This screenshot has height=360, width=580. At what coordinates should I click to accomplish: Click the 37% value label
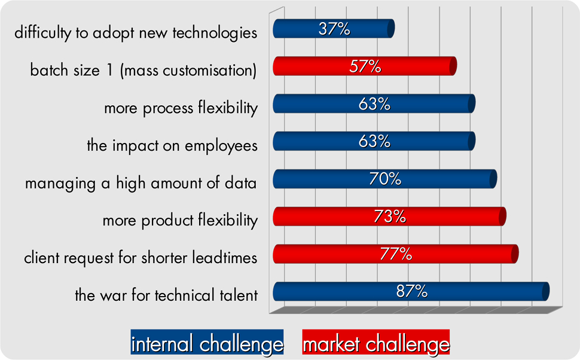click(334, 29)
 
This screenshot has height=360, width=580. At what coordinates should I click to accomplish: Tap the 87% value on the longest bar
click(412, 292)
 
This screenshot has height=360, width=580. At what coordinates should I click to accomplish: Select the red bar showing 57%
click(365, 66)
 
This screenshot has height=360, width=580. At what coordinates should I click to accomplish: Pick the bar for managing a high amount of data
click(384, 179)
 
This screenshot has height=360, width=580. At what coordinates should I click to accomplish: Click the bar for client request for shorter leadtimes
click(395, 254)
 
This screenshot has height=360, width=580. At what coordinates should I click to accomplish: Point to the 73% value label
click(389, 216)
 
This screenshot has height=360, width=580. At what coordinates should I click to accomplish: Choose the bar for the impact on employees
click(374, 141)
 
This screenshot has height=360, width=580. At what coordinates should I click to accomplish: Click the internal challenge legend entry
click(207, 342)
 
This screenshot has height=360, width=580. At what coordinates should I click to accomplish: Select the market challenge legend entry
click(376, 342)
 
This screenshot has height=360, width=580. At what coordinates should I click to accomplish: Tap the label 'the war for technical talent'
click(166, 295)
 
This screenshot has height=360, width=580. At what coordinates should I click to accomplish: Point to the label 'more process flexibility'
click(181, 108)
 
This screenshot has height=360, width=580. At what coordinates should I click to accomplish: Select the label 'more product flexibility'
click(180, 221)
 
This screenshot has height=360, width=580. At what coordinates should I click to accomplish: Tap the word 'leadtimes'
click(225, 258)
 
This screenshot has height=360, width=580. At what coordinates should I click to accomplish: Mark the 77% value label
click(396, 254)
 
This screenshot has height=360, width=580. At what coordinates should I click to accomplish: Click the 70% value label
click(385, 179)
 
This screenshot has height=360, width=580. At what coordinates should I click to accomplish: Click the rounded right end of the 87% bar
click(545, 292)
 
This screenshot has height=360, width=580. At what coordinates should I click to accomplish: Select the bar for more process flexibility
click(374, 103)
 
